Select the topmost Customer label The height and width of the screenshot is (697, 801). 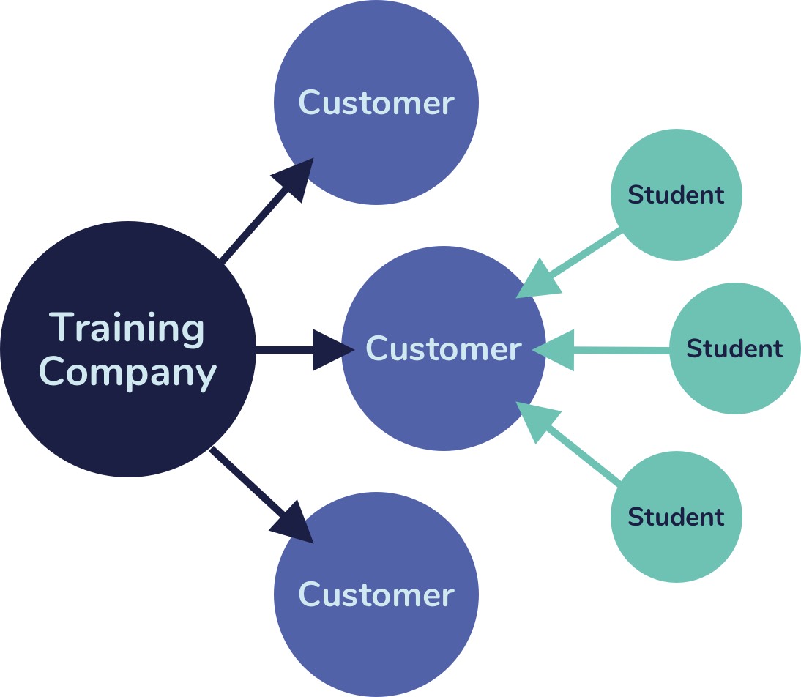[x=376, y=102]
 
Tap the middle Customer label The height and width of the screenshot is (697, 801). [x=444, y=348]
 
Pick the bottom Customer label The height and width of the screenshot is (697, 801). [x=376, y=594]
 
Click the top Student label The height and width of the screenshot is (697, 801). [x=676, y=195]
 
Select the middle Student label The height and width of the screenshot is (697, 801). [x=734, y=348]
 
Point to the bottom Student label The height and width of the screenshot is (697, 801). [x=676, y=517]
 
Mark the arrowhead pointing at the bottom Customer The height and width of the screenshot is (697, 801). [x=295, y=523]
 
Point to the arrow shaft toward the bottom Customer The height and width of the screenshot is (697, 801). [x=245, y=480]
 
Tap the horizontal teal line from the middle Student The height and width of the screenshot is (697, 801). [x=622, y=350]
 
